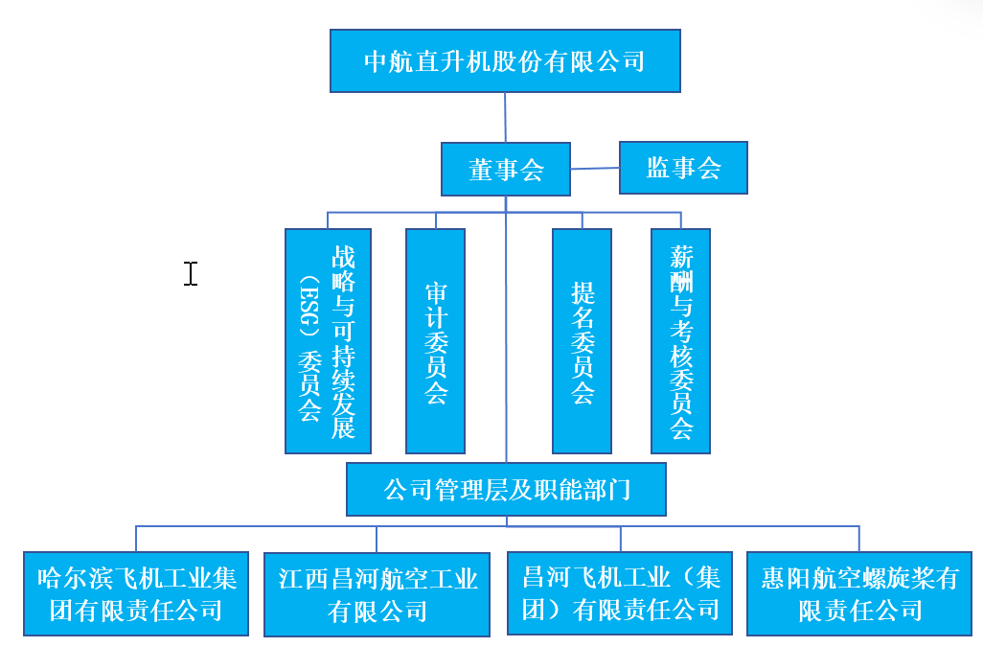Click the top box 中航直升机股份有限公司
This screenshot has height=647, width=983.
[505, 60]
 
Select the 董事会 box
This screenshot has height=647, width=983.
[506, 170]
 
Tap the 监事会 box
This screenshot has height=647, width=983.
[683, 168]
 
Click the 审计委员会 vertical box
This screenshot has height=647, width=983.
[436, 341]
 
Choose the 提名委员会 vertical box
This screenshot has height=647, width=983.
[582, 341]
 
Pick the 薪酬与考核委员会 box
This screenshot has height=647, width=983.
[681, 341]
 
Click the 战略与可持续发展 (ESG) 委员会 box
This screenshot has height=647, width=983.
[328, 341]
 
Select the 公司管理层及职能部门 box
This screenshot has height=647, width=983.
[506, 490]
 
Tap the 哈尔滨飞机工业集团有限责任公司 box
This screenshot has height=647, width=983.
[136, 593]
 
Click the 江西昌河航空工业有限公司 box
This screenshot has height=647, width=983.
[377, 594]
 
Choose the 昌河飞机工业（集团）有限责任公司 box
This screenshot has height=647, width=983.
[620, 593]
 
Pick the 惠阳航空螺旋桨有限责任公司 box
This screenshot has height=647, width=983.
[859, 593]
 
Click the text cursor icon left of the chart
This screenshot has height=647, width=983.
[191, 274]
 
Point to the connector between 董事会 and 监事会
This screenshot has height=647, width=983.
[595, 168]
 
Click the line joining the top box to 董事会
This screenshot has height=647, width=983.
[505, 117]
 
